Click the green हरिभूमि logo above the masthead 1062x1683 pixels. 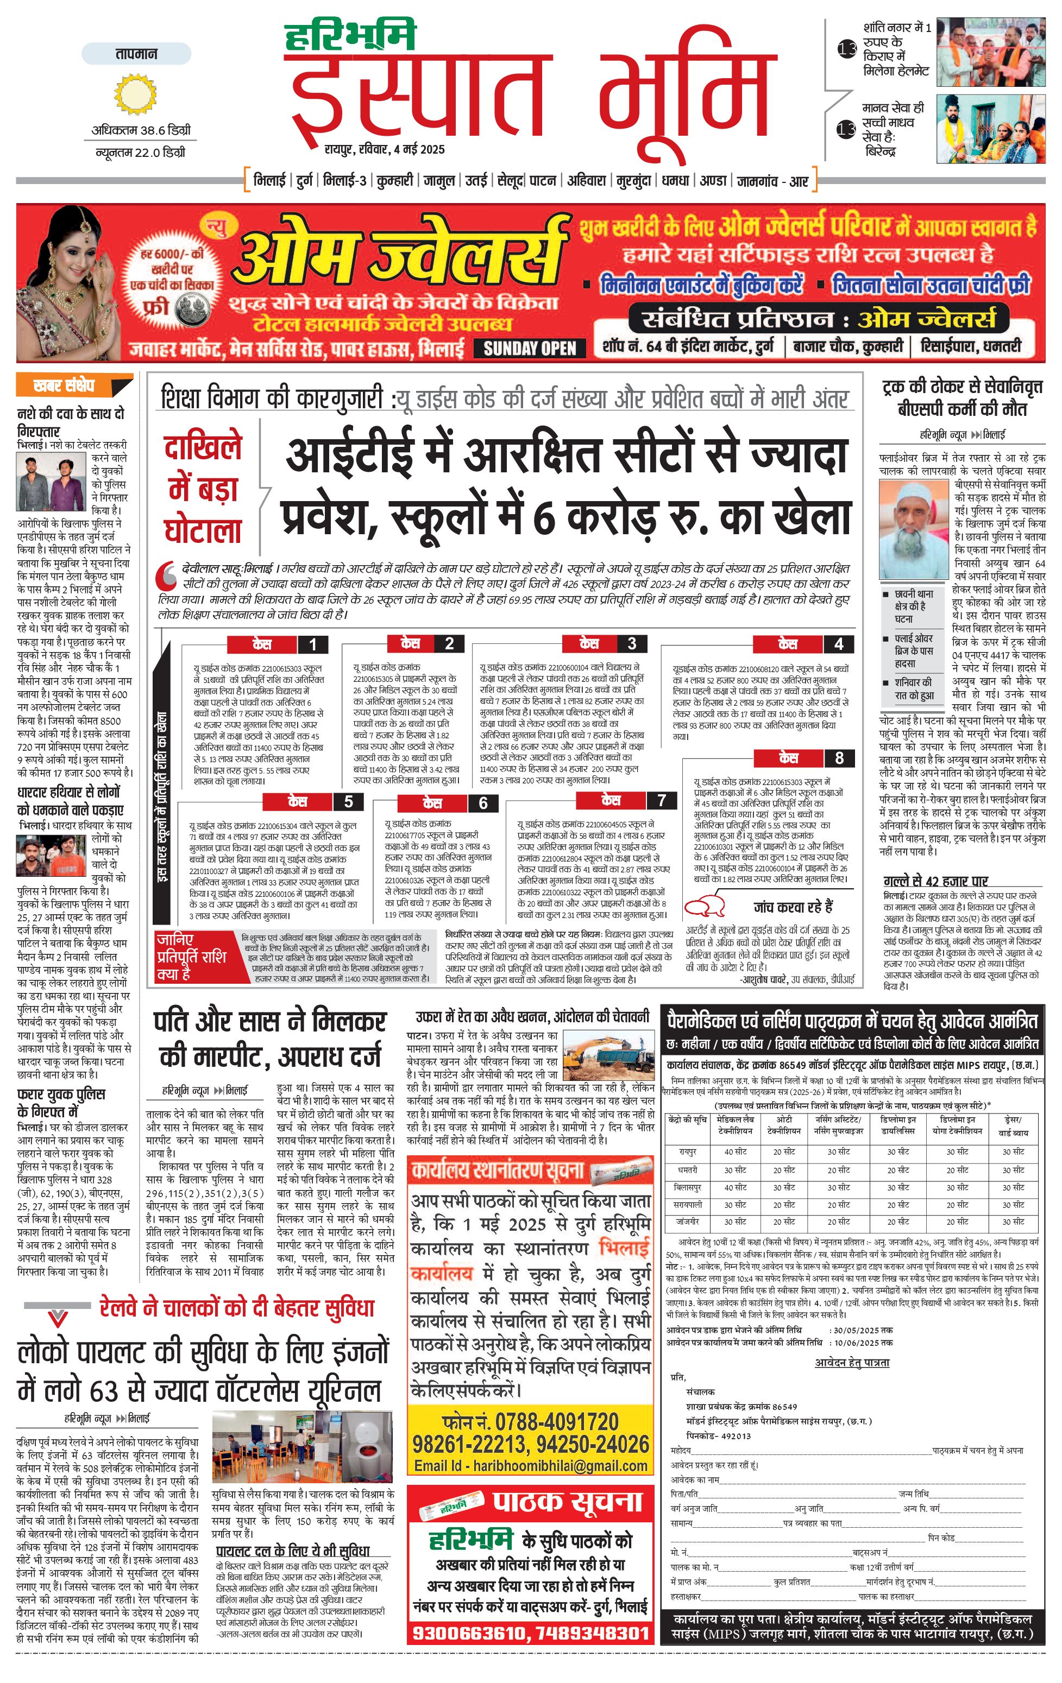pyautogui.click(x=350, y=37)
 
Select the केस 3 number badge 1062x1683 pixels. pyautogui.click(x=631, y=644)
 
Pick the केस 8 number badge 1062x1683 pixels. pyautogui.click(x=839, y=758)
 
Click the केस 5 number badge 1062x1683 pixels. pyautogui.click(x=348, y=802)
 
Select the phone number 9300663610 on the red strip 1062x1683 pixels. pyautogui.click(x=468, y=1634)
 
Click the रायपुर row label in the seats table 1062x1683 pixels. pyautogui.click(x=687, y=1151)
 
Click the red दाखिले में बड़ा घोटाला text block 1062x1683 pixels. pyautogui.click(x=203, y=489)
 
